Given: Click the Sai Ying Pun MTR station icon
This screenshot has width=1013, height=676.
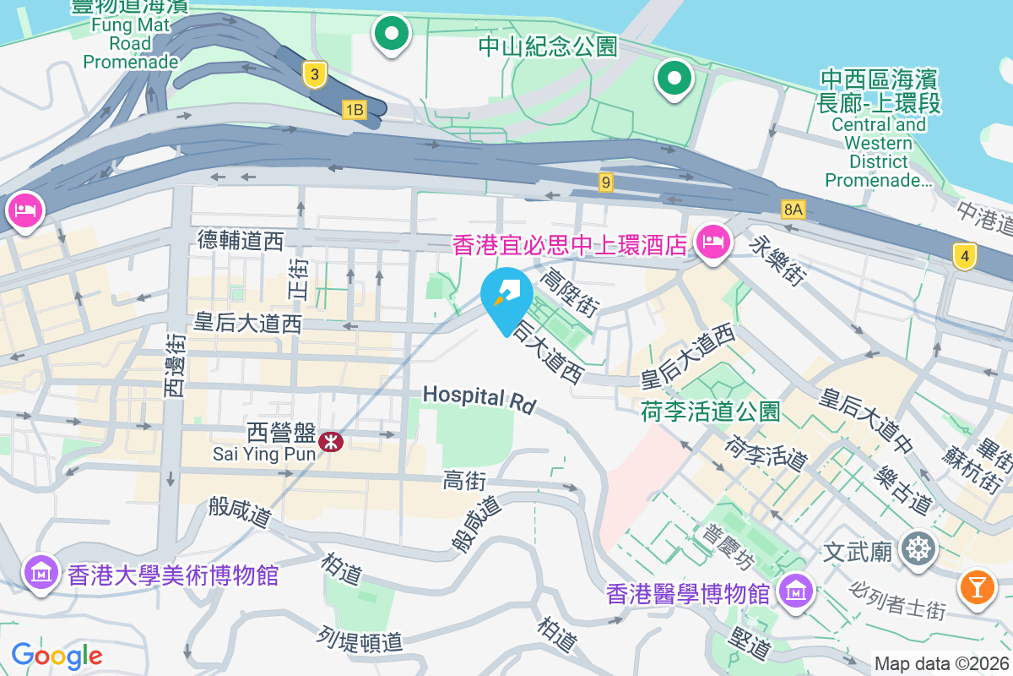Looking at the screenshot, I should (x=332, y=440).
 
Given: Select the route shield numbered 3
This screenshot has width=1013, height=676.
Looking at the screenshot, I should (x=314, y=75).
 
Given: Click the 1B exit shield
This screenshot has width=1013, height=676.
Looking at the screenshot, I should (x=355, y=109).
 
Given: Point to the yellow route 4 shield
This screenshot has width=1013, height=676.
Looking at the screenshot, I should (x=965, y=254).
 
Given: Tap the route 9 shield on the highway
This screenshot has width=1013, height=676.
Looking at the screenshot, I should (x=605, y=182).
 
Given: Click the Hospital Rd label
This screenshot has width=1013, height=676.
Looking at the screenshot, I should (x=479, y=399).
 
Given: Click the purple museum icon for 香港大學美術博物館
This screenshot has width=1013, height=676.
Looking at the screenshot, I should (x=41, y=573).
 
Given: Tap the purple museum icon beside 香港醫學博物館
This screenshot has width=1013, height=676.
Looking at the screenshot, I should (x=795, y=591).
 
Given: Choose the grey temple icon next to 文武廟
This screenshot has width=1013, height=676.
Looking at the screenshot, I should (x=917, y=550).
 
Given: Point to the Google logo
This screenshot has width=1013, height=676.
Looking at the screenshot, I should (x=57, y=656).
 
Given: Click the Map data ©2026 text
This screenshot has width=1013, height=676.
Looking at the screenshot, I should (x=940, y=664).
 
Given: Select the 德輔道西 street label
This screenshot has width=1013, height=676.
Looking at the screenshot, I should (x=241, y=241).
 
